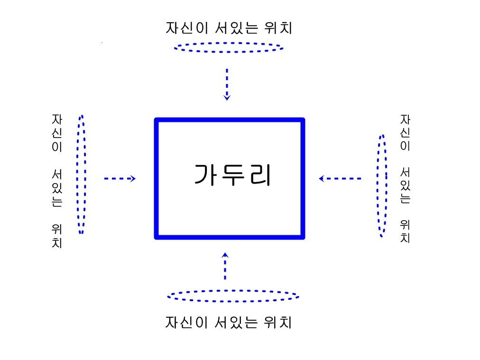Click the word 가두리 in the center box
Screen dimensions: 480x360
click(233, 175)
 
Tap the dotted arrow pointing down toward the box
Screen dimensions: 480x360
click(227, 84)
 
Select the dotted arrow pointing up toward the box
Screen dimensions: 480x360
click(225, 266)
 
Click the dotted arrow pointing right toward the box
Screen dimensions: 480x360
click(120, 178)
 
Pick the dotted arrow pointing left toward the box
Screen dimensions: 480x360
click(340, 178)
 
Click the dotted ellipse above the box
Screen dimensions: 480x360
click(229, 43)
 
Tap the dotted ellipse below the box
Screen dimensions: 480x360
click(233, 290)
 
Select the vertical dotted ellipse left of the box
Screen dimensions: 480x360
click(77, 175)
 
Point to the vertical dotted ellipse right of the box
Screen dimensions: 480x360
click(378, 186)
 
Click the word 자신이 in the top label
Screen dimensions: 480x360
click(187, 28)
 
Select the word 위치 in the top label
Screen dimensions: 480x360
click(278, 28)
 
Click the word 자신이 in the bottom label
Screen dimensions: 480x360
click(187, 323)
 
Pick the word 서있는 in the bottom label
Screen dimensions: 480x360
click(236, 323)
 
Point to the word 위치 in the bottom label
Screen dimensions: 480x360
click(277, 323)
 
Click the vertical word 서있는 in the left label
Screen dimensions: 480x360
click(57, 188)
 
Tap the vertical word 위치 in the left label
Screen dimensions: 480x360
click(57, 236)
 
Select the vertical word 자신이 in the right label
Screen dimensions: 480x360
click(406, 132)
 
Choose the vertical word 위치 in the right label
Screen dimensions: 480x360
click(406, 231)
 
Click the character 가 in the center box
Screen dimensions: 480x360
click(205, 175)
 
